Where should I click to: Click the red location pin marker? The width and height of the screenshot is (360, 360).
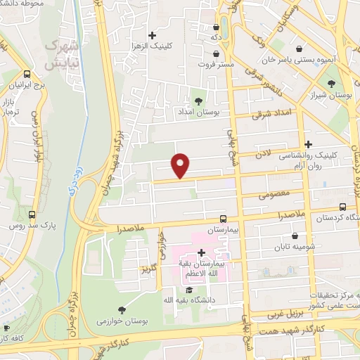coord(181,165)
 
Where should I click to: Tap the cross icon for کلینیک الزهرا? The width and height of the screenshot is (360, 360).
coord(152,35)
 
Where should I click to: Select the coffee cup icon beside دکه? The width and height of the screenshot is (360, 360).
coord(215,27)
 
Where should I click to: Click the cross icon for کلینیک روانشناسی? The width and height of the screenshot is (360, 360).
coord(308,144)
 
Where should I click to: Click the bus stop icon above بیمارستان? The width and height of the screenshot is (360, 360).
coord(222,219)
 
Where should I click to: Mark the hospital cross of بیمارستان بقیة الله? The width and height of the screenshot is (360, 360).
coord(201,252)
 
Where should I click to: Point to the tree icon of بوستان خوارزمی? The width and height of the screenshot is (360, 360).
coord(122,310)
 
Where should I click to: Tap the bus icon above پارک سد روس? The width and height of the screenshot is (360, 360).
coord(32,214)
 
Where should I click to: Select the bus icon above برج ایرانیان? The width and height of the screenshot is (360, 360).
coord(27,74)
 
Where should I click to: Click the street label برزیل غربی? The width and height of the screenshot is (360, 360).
coord(283,314)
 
